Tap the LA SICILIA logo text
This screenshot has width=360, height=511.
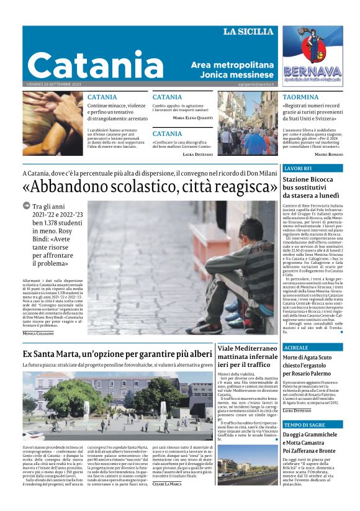click(248, 32)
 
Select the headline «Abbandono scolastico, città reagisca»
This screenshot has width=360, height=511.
click(150, 186)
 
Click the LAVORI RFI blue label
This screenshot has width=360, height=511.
click(297, 169)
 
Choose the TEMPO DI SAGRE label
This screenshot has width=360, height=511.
click(304, 425)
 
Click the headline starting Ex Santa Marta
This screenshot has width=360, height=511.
click(117, 354)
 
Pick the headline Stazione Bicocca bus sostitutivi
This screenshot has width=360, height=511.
click(308, 187)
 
